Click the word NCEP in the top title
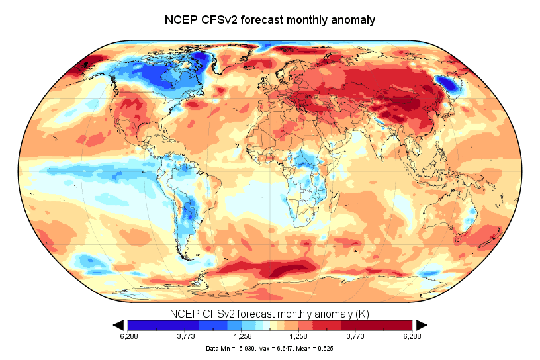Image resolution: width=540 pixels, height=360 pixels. [181, 20]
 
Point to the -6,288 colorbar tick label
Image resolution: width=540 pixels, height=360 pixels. [128, 336]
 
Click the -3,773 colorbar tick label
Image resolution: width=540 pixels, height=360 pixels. [185, 336]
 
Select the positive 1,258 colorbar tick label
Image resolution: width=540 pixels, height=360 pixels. [298, 336]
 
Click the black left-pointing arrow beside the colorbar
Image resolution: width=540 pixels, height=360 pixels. [119, 324]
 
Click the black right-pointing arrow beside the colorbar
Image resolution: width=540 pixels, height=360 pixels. [421, 324]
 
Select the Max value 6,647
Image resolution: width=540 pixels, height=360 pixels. [283, 347]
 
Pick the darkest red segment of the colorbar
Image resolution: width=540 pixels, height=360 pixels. [397, 324]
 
